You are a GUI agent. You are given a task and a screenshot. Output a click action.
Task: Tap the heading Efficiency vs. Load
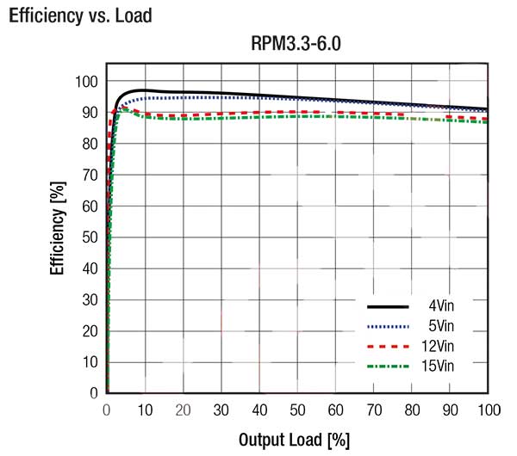(x=80, y=15)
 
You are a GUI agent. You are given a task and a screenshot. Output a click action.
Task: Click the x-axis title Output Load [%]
(x=294, y=440)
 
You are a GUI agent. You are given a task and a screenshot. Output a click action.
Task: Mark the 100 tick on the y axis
(x=85, y=82)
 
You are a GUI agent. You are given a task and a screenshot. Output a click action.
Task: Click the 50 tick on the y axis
(x=89, y=237)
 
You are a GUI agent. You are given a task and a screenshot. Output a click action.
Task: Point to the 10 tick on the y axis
(x=89, y=362)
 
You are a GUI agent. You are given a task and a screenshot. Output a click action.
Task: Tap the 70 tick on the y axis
(x=89, y=176)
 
